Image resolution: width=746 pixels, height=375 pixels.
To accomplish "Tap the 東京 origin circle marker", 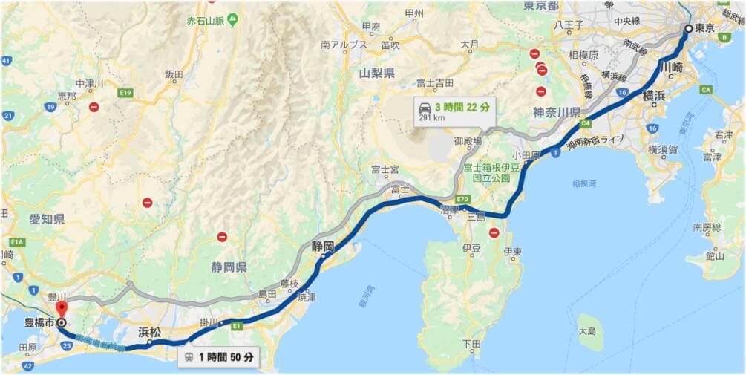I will pos(689,28).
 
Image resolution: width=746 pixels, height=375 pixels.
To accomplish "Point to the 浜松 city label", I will pos(149,333).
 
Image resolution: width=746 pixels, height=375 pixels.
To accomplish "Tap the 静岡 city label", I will pos(322,246).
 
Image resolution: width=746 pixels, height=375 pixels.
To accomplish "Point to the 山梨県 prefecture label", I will pos(376,74).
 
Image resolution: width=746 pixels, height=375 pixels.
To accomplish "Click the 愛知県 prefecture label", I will pos(48,219).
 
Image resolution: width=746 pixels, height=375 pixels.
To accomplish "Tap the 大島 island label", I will pos(587,330).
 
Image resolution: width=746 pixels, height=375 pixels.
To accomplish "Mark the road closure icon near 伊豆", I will pos(494,233).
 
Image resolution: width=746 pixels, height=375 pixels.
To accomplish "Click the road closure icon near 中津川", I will pos(94,107).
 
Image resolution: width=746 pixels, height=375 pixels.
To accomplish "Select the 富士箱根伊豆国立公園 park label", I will pos(487,173).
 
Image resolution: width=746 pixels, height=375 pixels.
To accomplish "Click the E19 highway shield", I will pos(125,93).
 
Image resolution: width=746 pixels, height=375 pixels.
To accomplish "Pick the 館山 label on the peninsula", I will pos(715,256).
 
